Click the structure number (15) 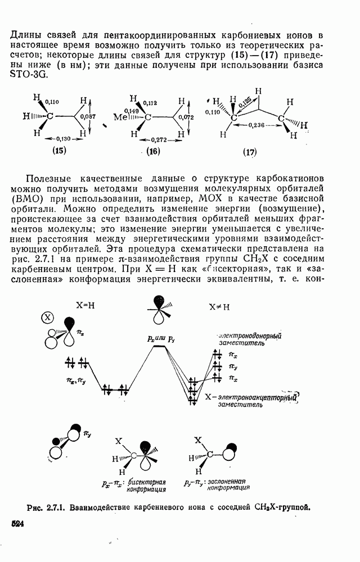point(58,150)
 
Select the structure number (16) point(153,151)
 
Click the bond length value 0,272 point(154,139)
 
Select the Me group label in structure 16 point(119,118)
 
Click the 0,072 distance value point(185,117)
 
